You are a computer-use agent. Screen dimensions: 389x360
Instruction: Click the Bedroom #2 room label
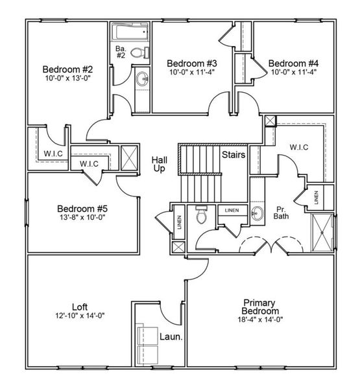[67, 69]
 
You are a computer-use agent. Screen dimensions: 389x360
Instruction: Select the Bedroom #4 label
[293, 63]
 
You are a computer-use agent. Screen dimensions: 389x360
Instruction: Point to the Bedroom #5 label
[82, 209]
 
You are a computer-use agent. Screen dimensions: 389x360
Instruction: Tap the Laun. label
[171, 337]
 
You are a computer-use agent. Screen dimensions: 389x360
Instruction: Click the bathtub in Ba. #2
[130, 32]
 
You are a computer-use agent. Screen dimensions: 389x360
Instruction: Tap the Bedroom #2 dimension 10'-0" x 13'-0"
[67, 78]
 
